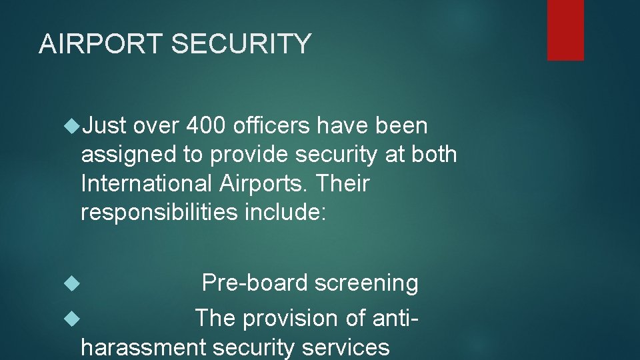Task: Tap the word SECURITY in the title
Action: pos(241,44)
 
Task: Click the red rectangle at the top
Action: pos(565,30)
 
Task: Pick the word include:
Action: pos(285,212)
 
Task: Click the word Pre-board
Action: pos(255,283)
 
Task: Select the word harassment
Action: pos(143,347)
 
